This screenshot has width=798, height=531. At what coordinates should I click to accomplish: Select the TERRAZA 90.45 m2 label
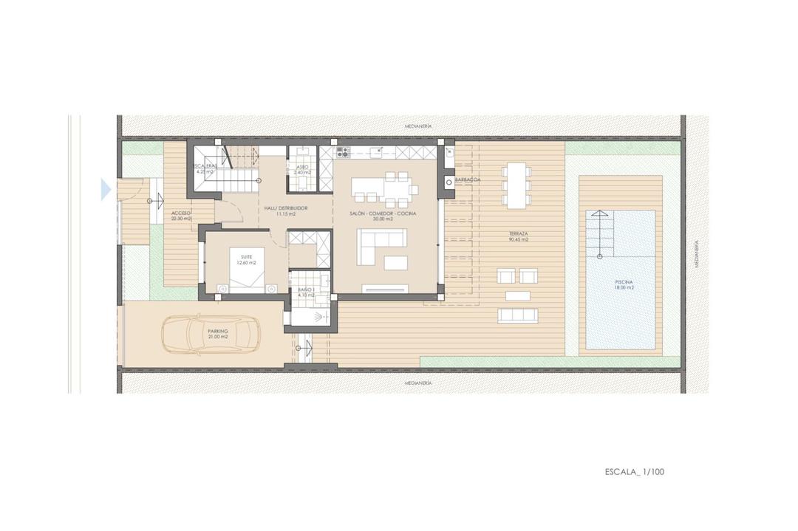518,238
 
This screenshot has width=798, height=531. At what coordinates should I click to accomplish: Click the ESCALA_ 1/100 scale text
634,470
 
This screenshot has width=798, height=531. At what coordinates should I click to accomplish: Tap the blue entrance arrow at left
106,190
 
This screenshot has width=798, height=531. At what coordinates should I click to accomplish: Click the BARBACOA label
468,179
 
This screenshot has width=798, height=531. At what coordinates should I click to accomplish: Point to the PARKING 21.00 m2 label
217,334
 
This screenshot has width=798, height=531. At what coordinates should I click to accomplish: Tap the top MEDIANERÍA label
418,126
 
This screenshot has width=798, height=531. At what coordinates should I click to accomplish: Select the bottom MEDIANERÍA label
418,383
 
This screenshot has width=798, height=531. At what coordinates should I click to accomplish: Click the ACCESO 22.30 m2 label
180,215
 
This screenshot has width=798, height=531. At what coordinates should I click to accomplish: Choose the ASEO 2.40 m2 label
302,169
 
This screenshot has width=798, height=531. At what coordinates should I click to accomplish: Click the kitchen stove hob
343,154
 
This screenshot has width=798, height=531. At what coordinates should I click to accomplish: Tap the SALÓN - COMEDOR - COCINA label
383,216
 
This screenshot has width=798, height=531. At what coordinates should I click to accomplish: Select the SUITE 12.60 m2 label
246,260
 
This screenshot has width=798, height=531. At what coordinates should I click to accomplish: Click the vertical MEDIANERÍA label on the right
697,253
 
